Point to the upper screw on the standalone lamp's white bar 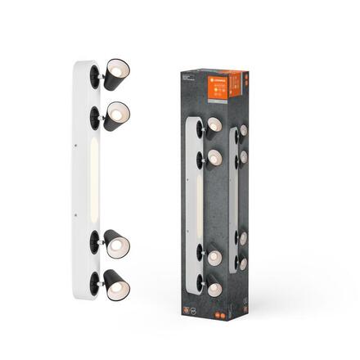tap(74, 144)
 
